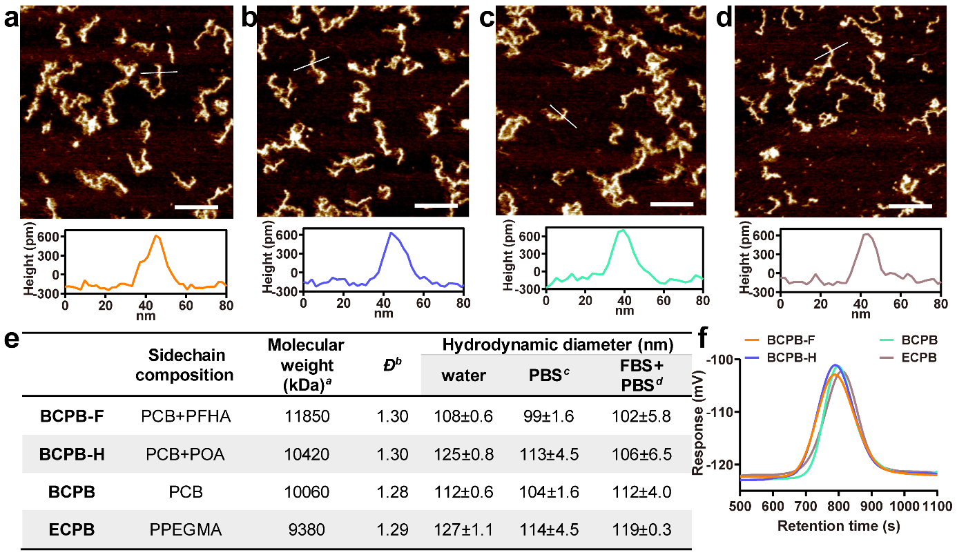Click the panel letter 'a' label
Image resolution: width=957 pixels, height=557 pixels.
10,18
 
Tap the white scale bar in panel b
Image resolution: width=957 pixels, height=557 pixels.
436,205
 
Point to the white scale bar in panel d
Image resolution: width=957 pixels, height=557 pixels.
910,205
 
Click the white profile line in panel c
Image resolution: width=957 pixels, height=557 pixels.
563,116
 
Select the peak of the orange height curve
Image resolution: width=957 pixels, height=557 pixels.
157,236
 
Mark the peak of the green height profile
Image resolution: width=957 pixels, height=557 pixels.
622,230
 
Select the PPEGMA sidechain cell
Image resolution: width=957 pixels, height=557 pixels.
188,531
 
